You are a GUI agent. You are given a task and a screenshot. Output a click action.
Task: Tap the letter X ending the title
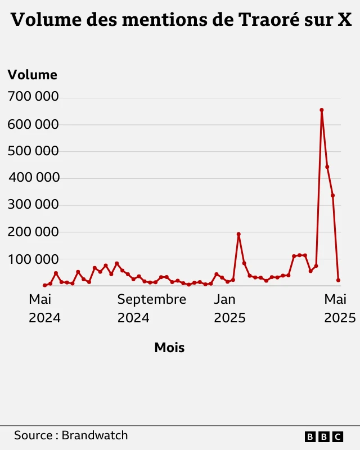[344, 20]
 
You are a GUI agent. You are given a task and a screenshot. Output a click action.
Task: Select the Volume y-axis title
[33, 75]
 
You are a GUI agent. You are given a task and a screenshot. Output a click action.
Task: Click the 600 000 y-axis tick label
[33, 124]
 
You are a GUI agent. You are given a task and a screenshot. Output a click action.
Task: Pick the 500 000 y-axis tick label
[33, 151]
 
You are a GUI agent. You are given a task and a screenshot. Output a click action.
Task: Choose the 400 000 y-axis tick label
[33, 178]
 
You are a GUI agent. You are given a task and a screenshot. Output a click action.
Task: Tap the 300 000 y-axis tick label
[33, 205]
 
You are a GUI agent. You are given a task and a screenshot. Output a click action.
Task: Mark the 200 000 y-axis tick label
[33, 232]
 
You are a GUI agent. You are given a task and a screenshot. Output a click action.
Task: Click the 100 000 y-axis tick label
[33, 259]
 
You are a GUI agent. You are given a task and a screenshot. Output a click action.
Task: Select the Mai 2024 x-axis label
[44, 308]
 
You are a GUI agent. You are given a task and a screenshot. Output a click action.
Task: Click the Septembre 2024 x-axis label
[151, 308]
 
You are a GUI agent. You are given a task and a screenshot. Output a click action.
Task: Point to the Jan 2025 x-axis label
[229, 308]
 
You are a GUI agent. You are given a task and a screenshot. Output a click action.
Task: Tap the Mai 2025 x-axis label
[340, 308]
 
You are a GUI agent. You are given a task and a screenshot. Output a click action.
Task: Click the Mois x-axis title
[169, 348]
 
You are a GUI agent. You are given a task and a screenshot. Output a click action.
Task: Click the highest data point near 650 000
[322, 110]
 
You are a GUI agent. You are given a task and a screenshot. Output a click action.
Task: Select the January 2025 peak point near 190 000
[238, 234]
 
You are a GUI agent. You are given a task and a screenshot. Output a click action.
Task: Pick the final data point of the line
[338, 280]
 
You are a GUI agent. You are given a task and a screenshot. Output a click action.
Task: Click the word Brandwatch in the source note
[94, 435]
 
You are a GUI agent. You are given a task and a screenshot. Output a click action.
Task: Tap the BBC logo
[323, 436]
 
